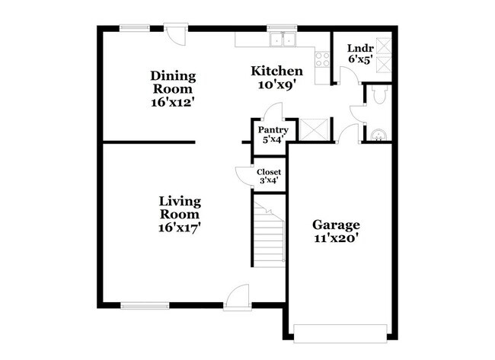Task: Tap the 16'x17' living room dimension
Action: [180, 226]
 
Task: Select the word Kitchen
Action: [277, 72]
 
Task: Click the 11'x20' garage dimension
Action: [336, 237]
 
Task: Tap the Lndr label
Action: [359, 46]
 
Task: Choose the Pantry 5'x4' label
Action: [270, 135]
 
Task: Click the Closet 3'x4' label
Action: [270, 176]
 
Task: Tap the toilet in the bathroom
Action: [378, 94]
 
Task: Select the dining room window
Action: [134, 28]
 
